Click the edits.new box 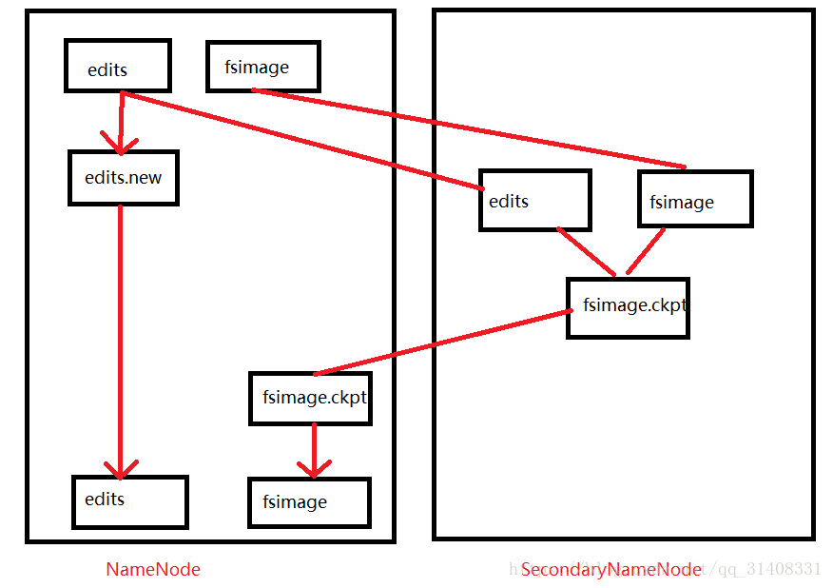tap(123, 177)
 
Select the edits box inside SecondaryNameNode tap(534, 200)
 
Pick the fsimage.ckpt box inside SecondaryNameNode tap(628, 307)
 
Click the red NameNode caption tap(153, 569)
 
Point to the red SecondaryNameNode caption tap(611, 569)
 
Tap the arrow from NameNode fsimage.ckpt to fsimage tap(314, 449)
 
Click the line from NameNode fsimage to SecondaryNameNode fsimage tap(466, 127)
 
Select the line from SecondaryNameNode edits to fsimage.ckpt tap(586, 251)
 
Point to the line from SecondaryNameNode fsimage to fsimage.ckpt tap(645, 251)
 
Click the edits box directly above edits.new tap(118, 66)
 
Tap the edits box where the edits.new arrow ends tap(130, 501)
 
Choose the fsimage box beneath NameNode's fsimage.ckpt tap(309, 501)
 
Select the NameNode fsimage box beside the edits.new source tap(262, 66)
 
